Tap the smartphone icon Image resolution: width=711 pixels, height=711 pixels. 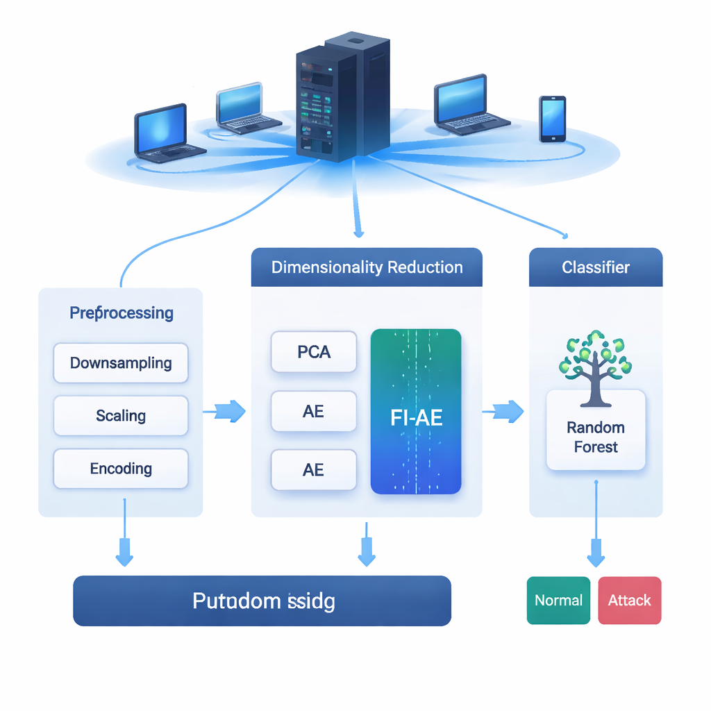552,119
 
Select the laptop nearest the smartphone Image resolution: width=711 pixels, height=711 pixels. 467,104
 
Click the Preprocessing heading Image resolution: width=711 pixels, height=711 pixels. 122,313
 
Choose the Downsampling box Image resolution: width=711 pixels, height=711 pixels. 121,363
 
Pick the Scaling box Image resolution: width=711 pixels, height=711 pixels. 121,416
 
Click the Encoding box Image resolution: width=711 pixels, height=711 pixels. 121,469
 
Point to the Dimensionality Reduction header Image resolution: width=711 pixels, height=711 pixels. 367,267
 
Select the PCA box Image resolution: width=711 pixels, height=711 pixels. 314,352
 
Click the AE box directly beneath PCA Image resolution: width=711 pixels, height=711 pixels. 314,412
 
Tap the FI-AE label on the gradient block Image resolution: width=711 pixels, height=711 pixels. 417,418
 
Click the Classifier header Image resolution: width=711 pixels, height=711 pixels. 596,267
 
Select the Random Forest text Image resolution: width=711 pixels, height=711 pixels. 596,437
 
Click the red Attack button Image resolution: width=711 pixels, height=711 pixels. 630,601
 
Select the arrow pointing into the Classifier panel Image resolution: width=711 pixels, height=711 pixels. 504,411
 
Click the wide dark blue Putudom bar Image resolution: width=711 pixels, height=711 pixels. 262,601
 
